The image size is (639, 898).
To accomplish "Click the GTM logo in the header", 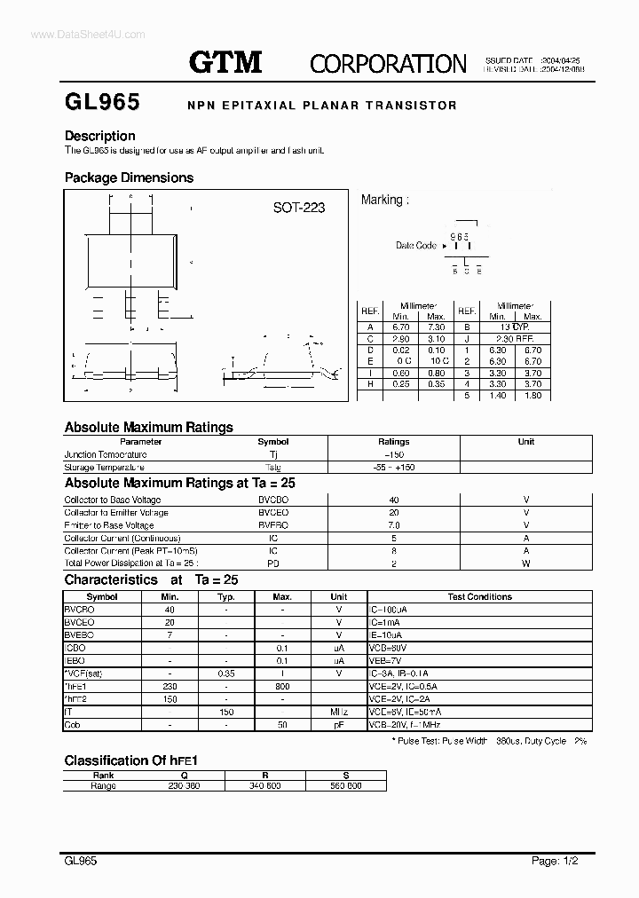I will pyautogui.click(x=225, y=61).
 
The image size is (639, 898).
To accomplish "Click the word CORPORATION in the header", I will pyautogui.click(x=388, y=63).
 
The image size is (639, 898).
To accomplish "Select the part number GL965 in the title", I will pyautogui.click(x=102, y=103).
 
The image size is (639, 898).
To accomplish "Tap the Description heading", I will pyautogui.click(x=100, y=136).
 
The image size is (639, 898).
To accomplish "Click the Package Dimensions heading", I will pyautogui.click(x=129, y=177).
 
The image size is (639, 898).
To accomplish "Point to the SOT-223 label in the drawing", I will pyautogui.click(x=298, y=208).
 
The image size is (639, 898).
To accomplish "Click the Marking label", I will pyautogui.click(x=384, y=200).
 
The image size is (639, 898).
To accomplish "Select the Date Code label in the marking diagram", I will pyautogui.click(x=415, y=246).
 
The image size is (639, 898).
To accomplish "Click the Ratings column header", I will pyautogui.click(x=393, y=441).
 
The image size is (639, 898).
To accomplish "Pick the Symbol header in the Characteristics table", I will pyautogui.click(x=102, y=597).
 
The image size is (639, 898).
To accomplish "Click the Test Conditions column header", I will pyautogui.click(x=479, y=597).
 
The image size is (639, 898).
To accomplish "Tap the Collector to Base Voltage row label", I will pyautogui.click(x=113, y=500).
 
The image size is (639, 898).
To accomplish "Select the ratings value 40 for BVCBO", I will pyautogui.click(x=394, y=500).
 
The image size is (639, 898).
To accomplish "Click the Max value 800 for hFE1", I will pyautogui.click(x=282, y=687).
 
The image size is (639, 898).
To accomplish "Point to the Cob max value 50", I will pyautogui.click(x=282, y=725).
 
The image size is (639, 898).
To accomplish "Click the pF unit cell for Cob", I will pyautogui.click(x=338, y=725).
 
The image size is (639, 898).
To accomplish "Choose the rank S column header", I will pyautogui.click(x=345, y=775).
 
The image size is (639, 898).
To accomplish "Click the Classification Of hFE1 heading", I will pyautogui.click(x=130, y=760).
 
